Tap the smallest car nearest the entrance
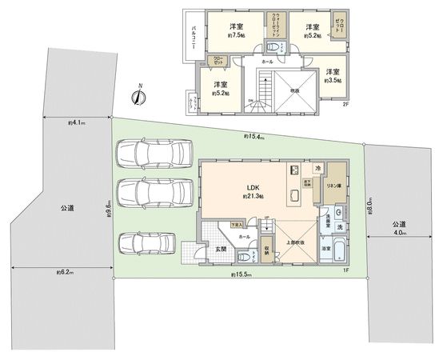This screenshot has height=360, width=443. point(145,243)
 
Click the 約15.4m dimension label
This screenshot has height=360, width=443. point(255,137)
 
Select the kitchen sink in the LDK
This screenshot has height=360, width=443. point(293,170)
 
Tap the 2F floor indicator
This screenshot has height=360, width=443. point(345,105)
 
